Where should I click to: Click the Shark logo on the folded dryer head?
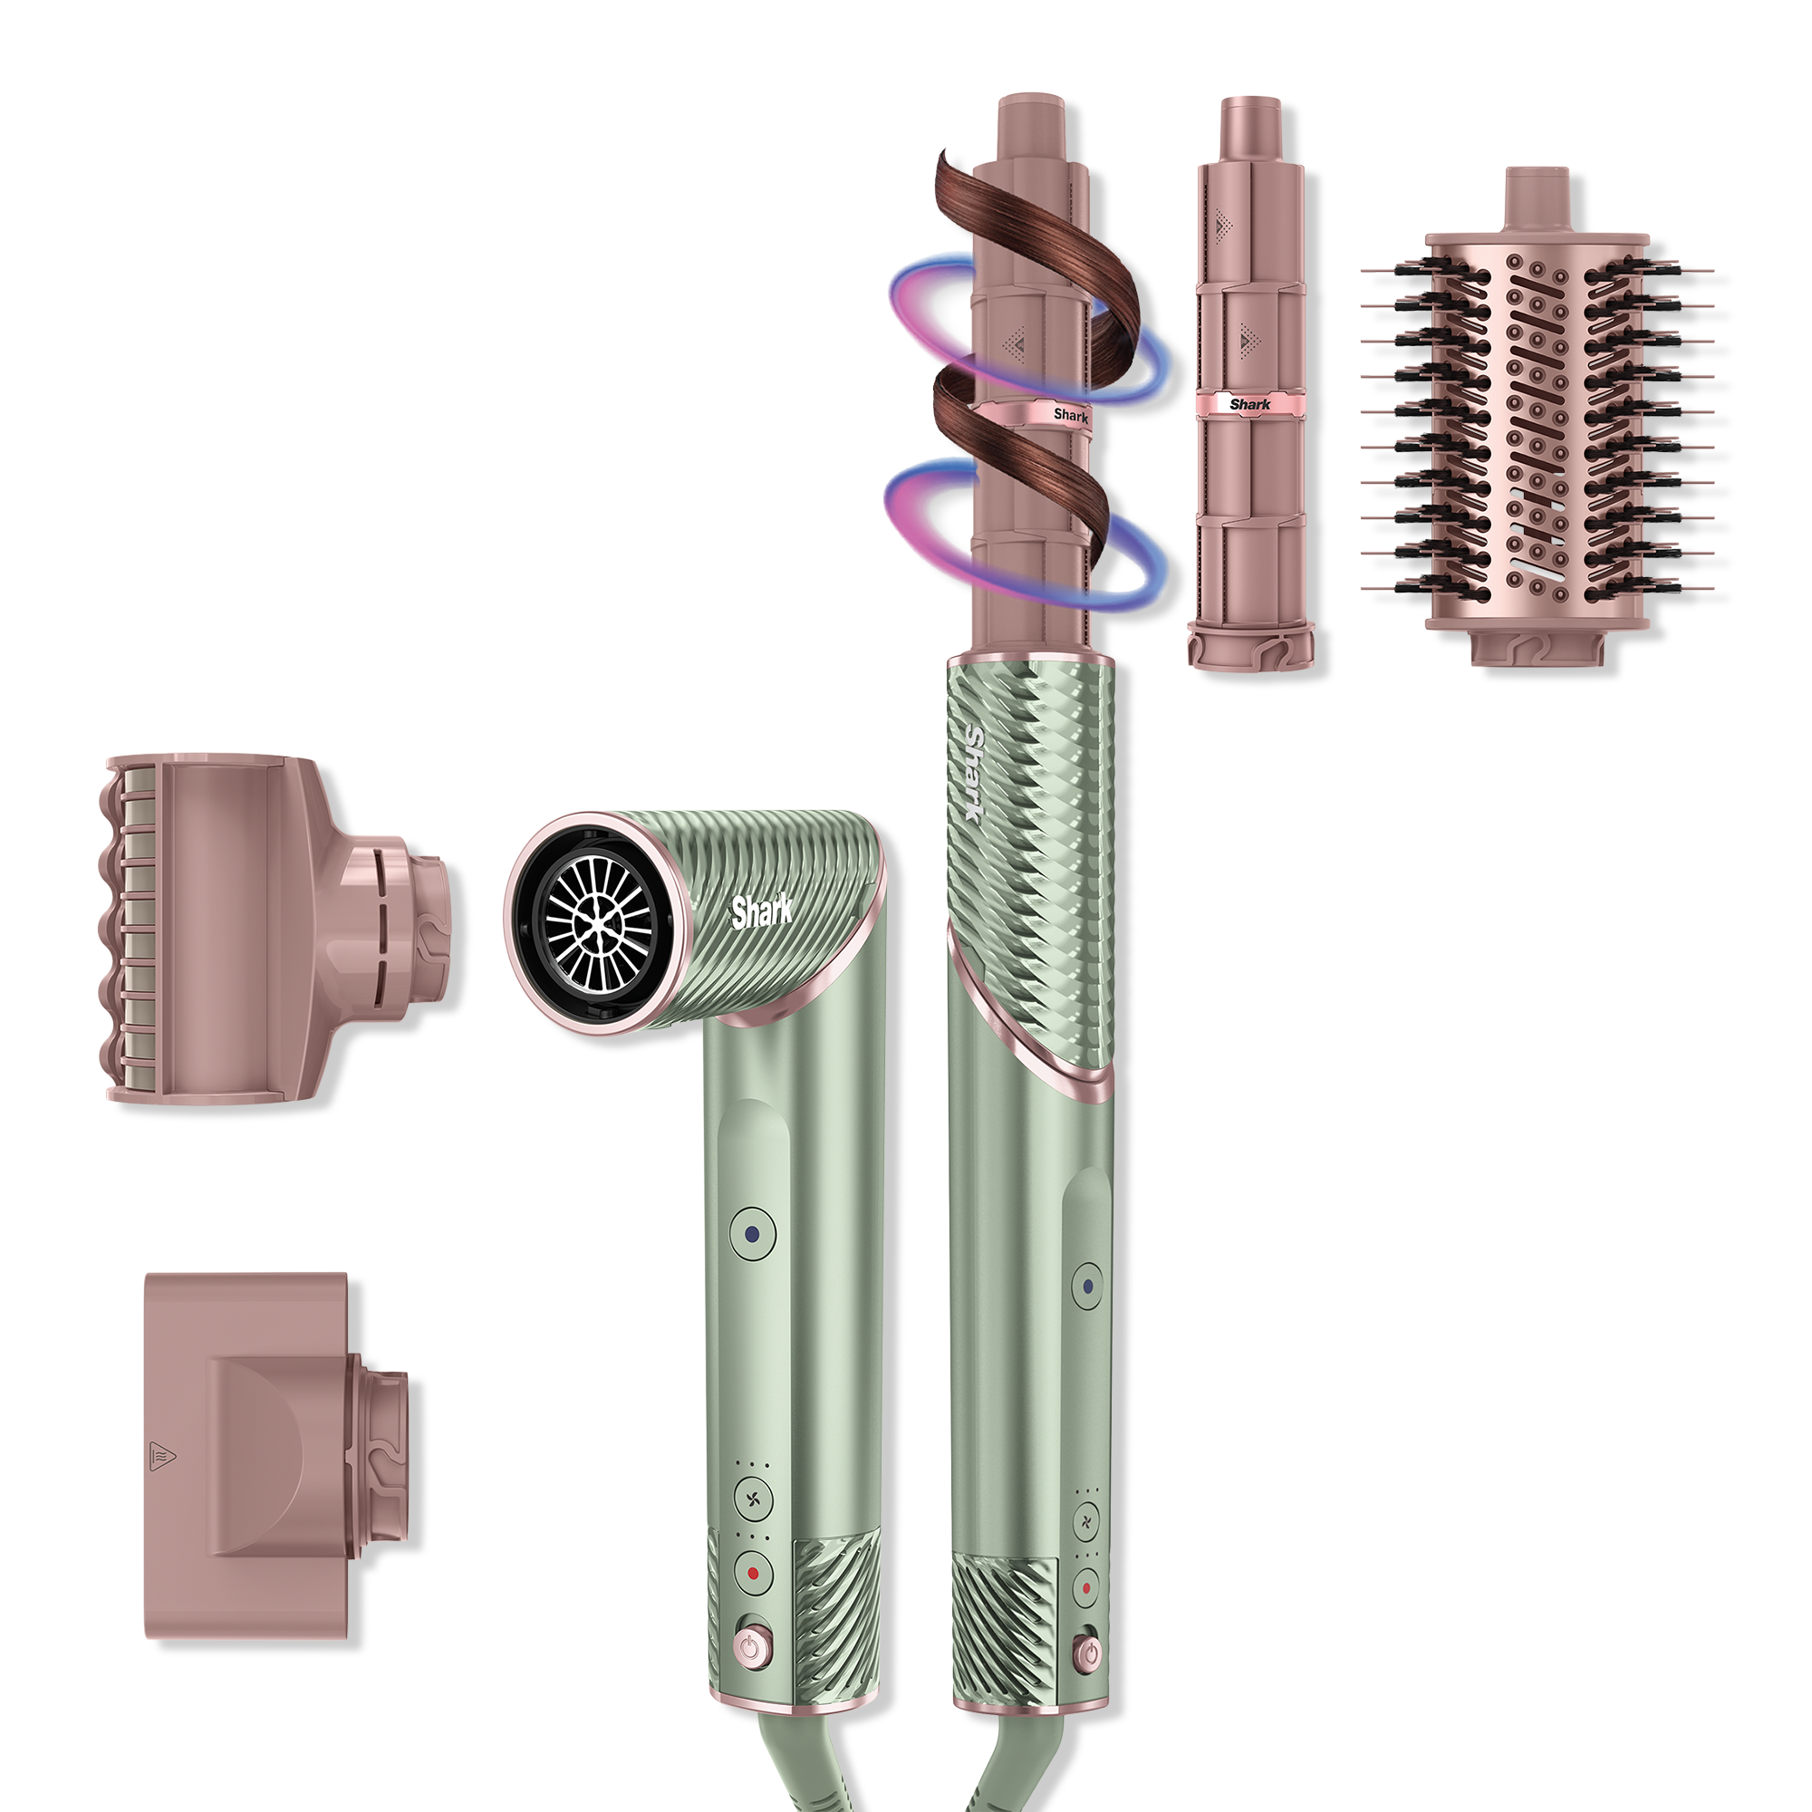tap(762, 911)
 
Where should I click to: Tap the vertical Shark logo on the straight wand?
tap(977, 774)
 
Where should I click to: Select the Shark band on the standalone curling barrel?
tap(1249, 404)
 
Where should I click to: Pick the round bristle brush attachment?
tap(1537, 418)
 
